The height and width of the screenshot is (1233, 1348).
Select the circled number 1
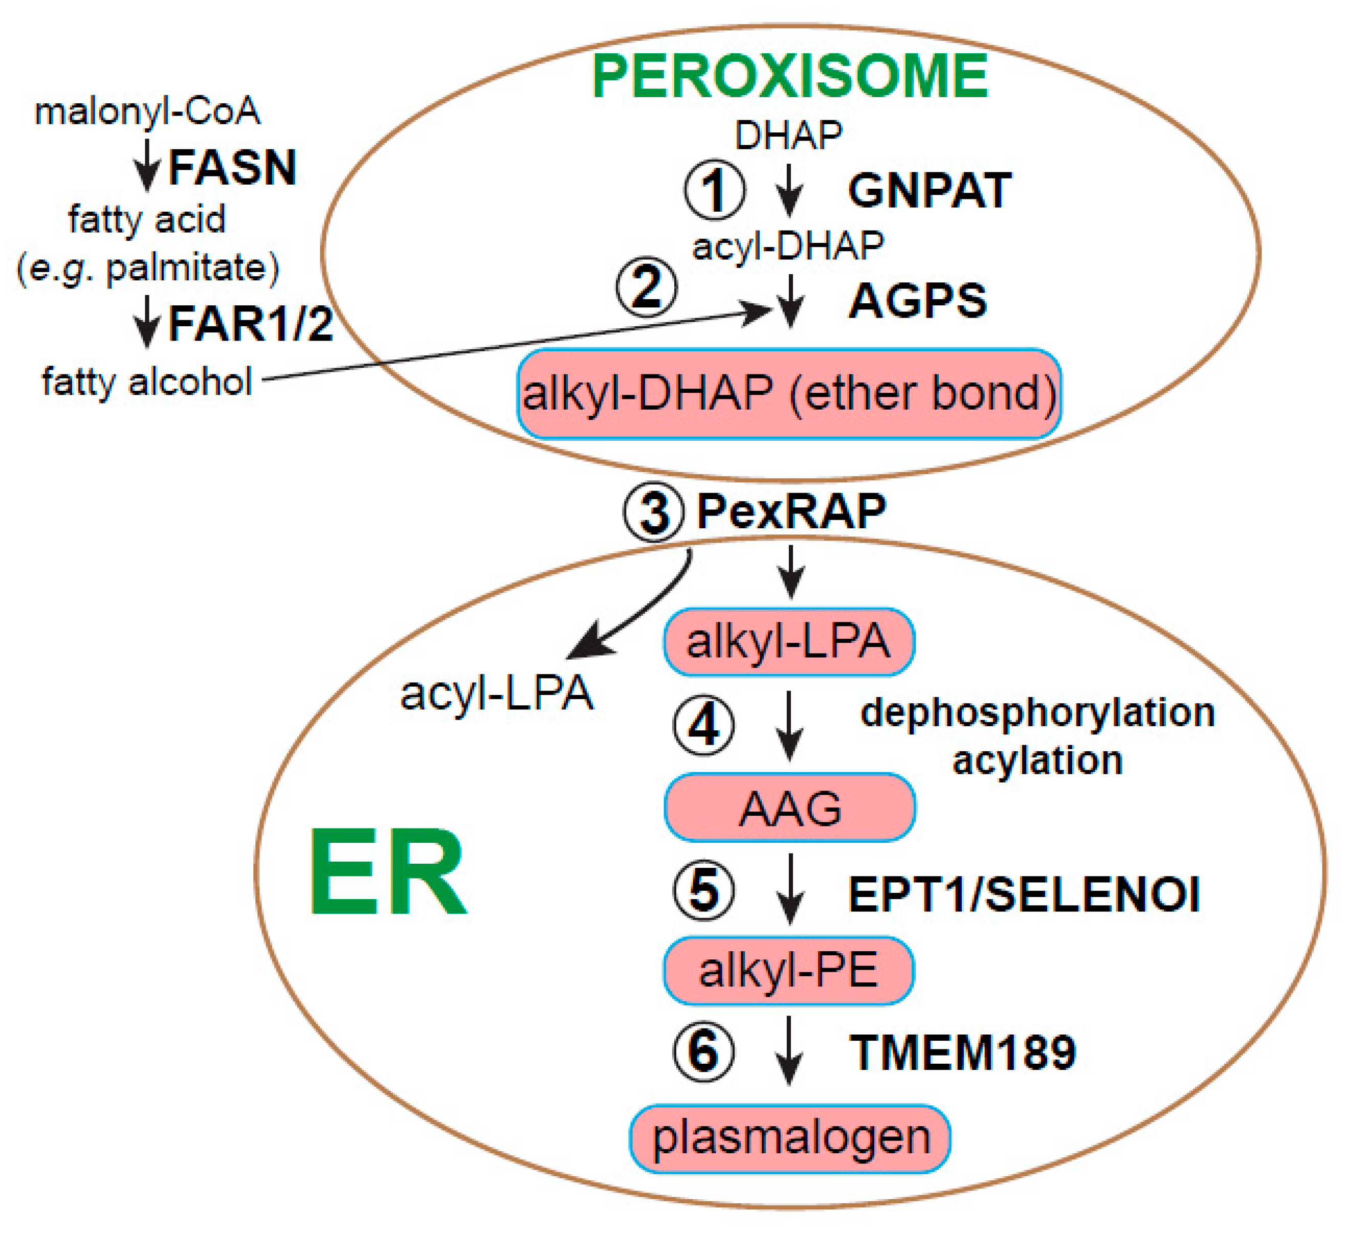[714, 190]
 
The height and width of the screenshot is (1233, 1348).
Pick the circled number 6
[703, 1051]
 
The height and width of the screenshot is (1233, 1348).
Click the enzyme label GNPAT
[930, 191]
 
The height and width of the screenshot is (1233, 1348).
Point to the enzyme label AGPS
[917, 301]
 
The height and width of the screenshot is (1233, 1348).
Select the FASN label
[232, 167]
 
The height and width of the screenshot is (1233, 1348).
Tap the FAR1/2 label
[250, 324]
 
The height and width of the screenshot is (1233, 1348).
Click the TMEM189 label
[963, 1052]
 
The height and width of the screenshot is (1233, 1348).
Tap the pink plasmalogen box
[790, 1138]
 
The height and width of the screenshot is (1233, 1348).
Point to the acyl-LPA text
[496, 693]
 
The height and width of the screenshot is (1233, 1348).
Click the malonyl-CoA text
[147, 111]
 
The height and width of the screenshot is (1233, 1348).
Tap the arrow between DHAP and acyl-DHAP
[790, 190]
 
